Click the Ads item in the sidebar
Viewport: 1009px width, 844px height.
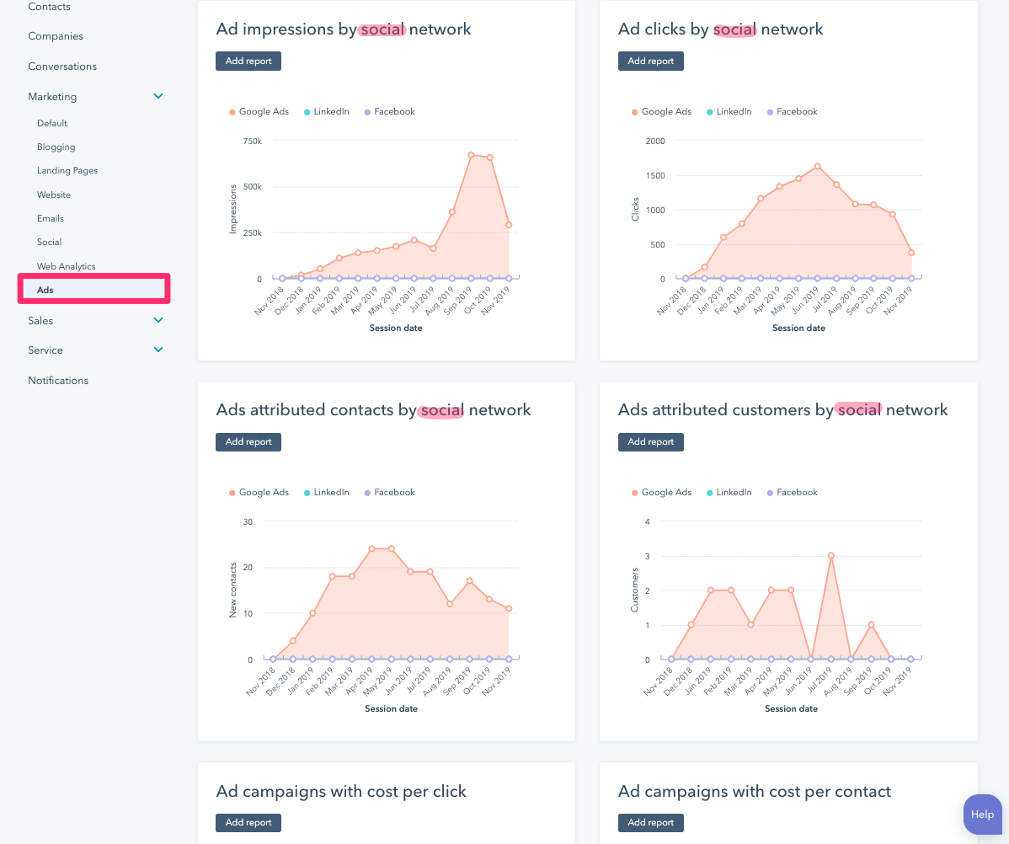(45, 290)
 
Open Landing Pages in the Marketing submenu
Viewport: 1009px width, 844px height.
(67, 170)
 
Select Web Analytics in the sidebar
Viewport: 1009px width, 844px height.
(67, 266)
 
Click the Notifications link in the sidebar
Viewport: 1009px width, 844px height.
(58, 380)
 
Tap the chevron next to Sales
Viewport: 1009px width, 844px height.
(158, 320)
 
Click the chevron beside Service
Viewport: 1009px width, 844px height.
(158, 350)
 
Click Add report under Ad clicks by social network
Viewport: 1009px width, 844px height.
(650, 61)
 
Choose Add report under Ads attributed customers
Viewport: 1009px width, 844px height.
(650, 441)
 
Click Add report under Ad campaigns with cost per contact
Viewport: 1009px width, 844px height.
(650, 822)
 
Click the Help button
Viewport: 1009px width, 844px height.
(982, 815)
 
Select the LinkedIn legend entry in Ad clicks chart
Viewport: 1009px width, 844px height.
(734, 111)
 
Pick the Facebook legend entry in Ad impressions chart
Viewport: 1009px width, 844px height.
(394, 111)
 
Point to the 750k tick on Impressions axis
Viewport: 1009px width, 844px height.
(253, 141)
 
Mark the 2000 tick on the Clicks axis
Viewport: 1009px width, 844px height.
(655, 141)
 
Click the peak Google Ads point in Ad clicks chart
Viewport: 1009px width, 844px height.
(817, 166)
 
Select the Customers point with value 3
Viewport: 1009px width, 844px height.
(831, 555)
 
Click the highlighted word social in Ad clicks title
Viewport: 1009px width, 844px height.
(734, 29)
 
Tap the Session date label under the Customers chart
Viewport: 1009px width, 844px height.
(791, 708)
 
